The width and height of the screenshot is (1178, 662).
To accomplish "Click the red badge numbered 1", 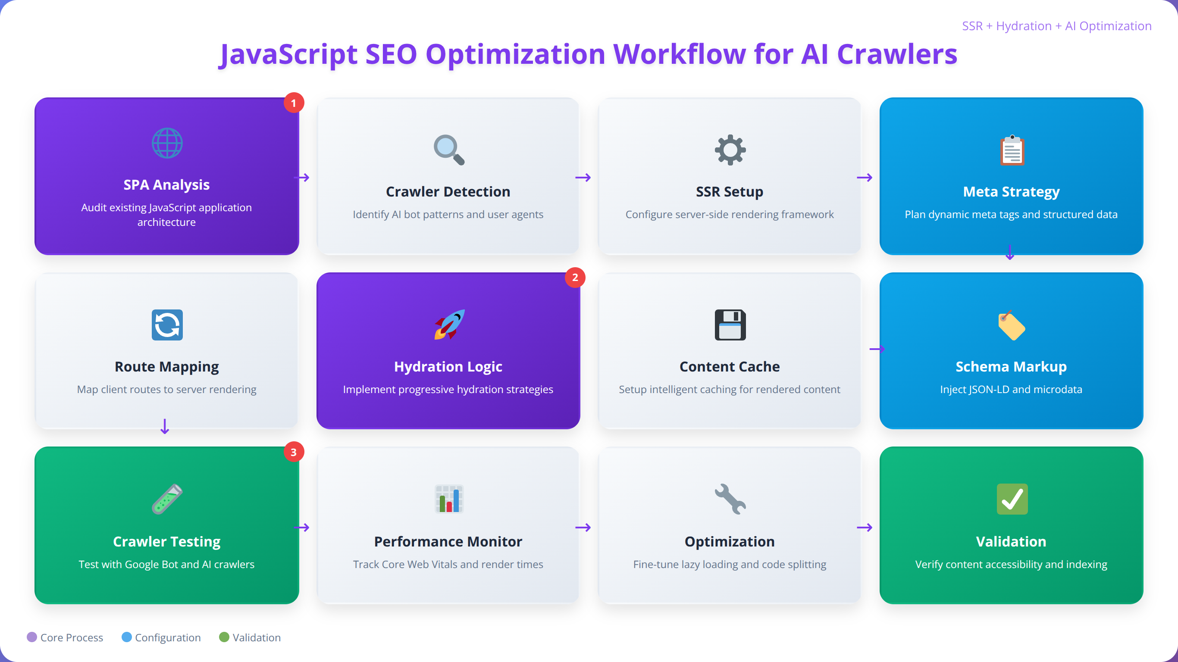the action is pyautogui.click(x=294, y=103).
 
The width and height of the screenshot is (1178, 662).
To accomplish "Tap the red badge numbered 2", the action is pyautogui.click(x=575, y=278).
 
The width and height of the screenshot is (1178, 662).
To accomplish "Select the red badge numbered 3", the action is pyautogui.click(x=294, y=452).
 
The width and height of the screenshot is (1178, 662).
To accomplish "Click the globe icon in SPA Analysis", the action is pyautogui.click(x=167, y=143).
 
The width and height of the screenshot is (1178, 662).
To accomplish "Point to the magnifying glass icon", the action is pyautogui.click(x=448, y=150).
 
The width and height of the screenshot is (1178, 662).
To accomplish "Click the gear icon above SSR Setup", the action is pyautogui.click(x=730, y=150).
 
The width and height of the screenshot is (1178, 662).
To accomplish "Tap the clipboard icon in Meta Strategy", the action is pyautogui.click(x=1012, y=150).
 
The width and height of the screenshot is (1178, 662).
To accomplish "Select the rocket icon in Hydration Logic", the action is pyautogui.click(x=449, y=325).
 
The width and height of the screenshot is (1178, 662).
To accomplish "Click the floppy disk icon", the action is pyautogui.click(x=730, y=325).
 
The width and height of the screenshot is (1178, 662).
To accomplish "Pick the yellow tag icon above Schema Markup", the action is pyautogui.click(x=1012, y=325).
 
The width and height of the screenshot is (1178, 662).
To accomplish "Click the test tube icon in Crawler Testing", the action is pyautogui.click(x=167, y=499).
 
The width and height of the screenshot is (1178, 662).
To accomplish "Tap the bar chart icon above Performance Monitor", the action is pyautogui.click(x=448, y=499).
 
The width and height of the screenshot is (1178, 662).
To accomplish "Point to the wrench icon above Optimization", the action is pyautogui.click(x=730, y=499).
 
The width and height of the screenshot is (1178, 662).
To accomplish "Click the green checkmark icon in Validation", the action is pyautogui.click(x=1012, y=499).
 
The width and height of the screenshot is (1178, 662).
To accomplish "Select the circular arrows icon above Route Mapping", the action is pyautogui.click(x=167, y=325).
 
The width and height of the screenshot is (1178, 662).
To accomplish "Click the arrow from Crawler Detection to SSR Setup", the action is pyautogui.click(x=583, y=178).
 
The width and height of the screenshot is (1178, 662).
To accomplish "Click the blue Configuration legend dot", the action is pyautogui.click(x=127, y=637).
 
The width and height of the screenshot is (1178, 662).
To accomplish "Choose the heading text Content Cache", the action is pyautogui.click(x=730, y=367).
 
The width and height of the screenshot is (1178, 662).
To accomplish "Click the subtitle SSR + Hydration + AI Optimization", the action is pyautogui.click(x=1056, y=26).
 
